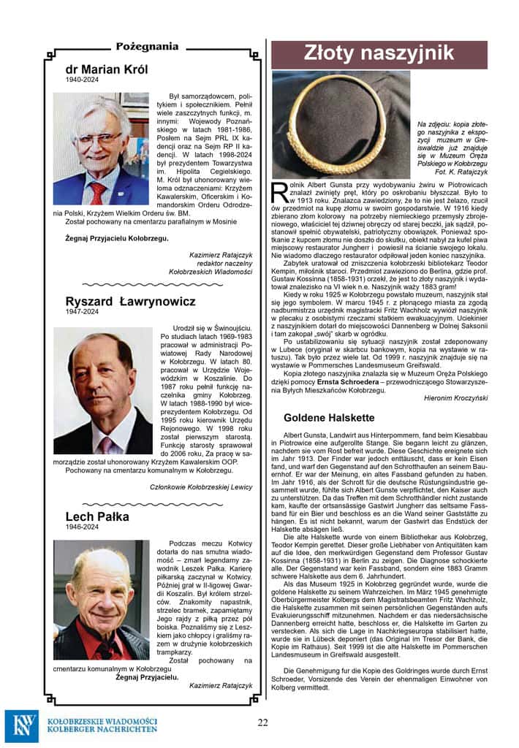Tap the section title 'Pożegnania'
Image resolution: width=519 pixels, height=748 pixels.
147,46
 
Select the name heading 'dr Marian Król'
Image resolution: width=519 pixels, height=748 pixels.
107,69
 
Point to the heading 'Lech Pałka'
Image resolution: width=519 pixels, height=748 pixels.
97,516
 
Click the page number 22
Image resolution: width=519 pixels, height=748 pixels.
262,722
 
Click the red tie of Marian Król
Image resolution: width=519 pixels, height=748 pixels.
96,192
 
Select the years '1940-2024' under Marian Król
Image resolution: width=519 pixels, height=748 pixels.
80,80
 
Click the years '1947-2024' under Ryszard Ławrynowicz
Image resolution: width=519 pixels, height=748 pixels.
80,312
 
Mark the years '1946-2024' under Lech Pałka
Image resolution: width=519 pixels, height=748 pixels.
80,527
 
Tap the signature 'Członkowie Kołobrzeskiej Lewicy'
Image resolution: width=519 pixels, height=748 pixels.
202,486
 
